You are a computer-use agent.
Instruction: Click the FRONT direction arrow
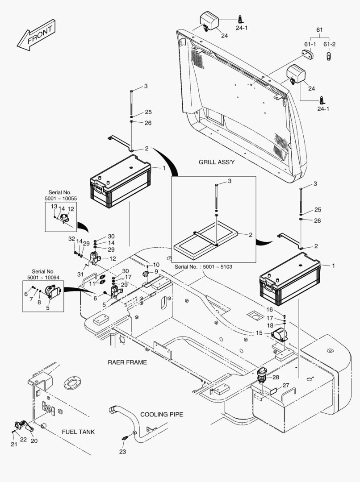click(36, 35)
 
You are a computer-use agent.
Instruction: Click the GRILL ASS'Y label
click(216, 162)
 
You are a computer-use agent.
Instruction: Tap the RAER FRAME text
click(127, 362)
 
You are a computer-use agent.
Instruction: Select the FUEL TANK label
click(78, 432)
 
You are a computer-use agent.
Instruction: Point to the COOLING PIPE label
click(162, 414)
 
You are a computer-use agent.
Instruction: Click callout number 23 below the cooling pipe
click(123, 452)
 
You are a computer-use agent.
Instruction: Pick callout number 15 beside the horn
click(259, 332)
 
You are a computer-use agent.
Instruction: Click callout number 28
click(276, 377)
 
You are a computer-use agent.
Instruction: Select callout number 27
click(286, 385)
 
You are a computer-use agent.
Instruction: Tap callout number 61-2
click(329, 44)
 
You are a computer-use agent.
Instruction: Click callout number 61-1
click(310, 44)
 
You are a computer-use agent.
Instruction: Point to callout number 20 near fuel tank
click(34, 441)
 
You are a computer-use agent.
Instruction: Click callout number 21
click(14, 444)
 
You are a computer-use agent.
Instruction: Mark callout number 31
click(81, 274)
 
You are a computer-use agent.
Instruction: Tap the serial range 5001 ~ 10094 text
click(43, 277)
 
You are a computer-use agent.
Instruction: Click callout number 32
click(71, 239)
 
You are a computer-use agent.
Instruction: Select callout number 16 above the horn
click(270, 309)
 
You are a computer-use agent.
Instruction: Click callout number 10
click(156, 265)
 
